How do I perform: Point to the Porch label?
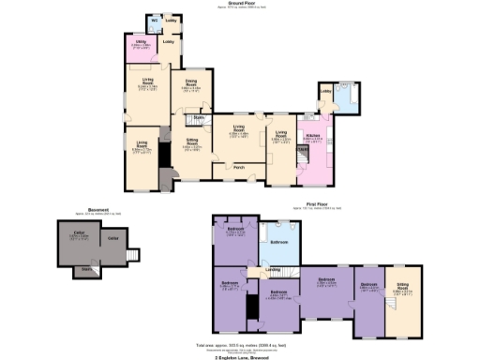[240, 168]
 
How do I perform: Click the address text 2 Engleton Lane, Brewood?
[240, 355]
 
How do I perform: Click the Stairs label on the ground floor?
[199, 117]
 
